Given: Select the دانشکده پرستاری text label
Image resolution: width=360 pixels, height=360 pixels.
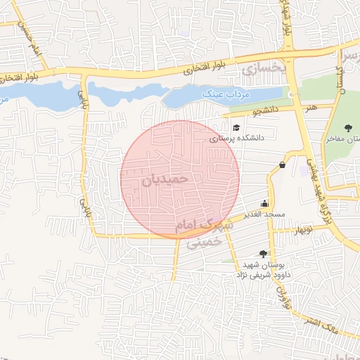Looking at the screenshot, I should pyautogui.click(x=236, y=139).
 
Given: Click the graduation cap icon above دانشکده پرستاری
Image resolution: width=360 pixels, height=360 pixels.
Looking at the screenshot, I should pyautogui.click(x=236, y=128).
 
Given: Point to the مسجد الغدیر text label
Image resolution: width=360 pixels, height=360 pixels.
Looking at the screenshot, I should pyautogui.click(x=264, y=213).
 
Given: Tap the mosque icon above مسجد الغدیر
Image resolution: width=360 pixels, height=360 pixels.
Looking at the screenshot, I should pyautogui.click(x=264, y=202).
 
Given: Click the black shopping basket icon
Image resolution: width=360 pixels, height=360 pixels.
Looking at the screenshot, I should pyautogui.click(x=282, y=165).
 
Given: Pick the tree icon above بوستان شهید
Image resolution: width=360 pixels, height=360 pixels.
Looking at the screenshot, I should pyautogui.click(x=263, y=253).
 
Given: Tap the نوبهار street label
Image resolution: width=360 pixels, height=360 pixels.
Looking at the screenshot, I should pyautogui.click(x=303, y=230).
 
